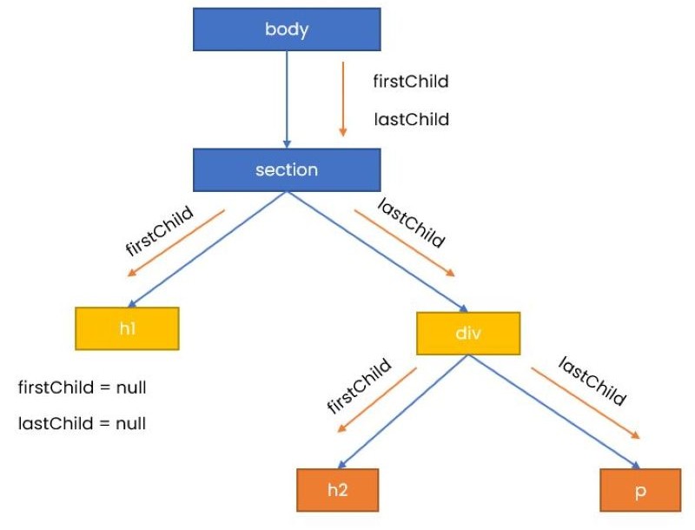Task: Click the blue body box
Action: click(287, 30)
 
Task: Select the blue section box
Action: click(287, 169)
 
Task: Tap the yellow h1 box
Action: click(127, 328)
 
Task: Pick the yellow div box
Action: click(468, 334)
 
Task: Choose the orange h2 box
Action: click(338, 490)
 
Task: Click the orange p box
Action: click(640, 490)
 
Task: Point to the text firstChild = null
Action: click(82, 388)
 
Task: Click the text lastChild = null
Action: click(82, 423)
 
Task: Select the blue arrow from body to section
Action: click(287, 99)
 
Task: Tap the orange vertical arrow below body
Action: click(342, 99)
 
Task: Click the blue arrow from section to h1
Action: click(208, 249)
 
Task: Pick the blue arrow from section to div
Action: click(378, 252)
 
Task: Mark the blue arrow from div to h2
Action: click(403, 412)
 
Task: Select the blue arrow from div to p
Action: click(554, 412)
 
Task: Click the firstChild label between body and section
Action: click(411, 81)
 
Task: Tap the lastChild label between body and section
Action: click(411, 119)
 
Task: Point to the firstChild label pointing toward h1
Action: click(160, 231)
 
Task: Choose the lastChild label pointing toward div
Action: click(411, 222)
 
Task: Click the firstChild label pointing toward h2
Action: click(359, 386)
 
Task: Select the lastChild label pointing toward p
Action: click(592, 381)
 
